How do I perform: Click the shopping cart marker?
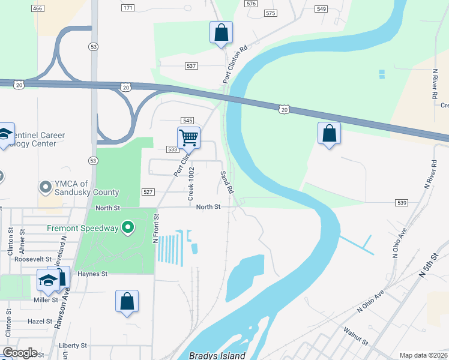coord(188,137)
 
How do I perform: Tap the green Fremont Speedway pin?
coord(127,228)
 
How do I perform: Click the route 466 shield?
coord(38,8)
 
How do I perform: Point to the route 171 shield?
coord(128,8)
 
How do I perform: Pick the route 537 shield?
coord(191,65)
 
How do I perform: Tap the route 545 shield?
coord(187,121)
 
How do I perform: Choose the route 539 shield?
coord(402,203)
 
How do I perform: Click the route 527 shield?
coord(149,192)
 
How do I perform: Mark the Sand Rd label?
coord(226,182)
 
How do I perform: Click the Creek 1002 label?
coord(191,184)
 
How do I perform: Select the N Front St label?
coord(155,229)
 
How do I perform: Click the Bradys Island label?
coord(217,355)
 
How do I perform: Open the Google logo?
coord(20,353)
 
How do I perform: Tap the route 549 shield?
coord(321,9)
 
